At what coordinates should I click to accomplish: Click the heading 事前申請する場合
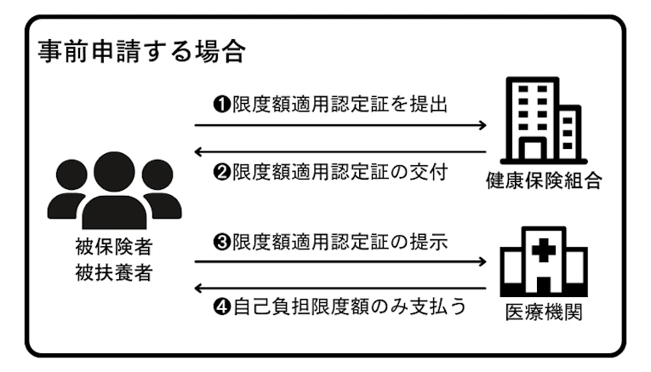[141, 52]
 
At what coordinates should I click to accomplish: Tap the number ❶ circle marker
[219, 105]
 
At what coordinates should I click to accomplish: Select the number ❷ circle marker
[219, 171]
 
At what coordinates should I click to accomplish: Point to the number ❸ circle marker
[219, 242]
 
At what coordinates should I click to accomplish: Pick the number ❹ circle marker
[219, 306]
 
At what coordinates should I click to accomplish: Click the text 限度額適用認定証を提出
[340, 105]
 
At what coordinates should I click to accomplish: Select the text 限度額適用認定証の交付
[340, 171]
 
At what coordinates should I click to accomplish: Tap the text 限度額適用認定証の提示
[340, 242]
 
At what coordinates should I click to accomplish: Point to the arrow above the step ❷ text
[340, 151]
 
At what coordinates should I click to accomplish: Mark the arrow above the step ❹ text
[340, 287]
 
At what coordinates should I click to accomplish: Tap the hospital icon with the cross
[542, 260]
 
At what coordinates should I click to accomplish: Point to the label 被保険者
[114, 248]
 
